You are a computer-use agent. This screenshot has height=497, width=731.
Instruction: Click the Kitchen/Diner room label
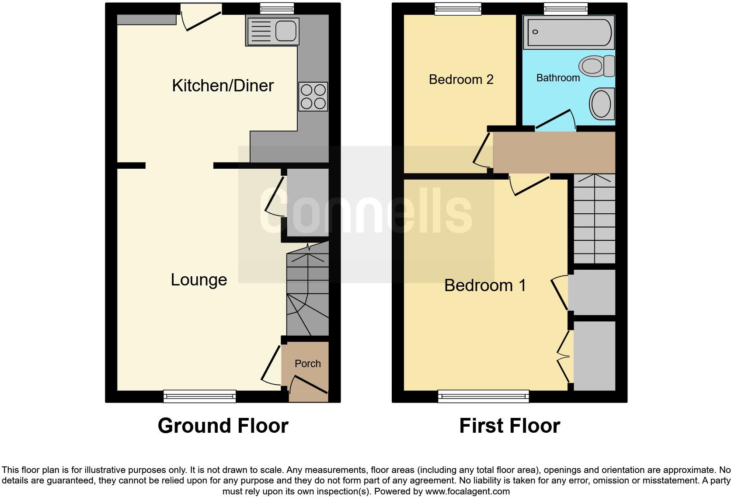223,86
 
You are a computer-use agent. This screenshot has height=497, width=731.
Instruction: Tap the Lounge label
198,280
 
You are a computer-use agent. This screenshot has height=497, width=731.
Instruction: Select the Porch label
307,364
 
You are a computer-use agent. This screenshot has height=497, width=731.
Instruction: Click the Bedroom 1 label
485,285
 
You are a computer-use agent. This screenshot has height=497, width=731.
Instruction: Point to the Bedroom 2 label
461,80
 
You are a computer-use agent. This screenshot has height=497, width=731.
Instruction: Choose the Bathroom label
558,78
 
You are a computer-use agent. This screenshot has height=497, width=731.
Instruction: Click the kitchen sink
273,31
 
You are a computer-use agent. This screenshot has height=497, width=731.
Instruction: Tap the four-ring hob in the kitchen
313,97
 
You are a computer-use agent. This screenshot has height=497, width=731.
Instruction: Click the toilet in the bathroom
596,66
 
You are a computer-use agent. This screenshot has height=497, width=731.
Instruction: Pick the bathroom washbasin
602,104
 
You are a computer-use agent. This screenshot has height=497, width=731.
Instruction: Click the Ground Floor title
223,426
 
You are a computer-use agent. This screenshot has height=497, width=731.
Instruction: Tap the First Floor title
509,426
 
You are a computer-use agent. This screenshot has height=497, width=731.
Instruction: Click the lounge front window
199,396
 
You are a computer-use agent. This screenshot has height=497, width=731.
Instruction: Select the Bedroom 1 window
484,396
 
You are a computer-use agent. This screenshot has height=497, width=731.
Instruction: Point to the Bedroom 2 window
458,8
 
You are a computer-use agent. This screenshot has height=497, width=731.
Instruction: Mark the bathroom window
566,8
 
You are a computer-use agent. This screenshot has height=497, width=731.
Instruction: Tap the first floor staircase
594,219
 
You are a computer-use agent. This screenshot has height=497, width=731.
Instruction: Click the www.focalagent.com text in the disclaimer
467,491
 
